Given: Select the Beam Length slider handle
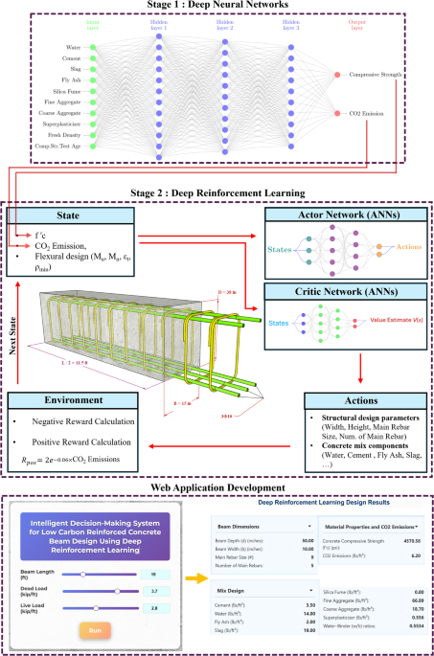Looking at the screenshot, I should point(84,574).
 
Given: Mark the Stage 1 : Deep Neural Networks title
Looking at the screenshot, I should point(217,6).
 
